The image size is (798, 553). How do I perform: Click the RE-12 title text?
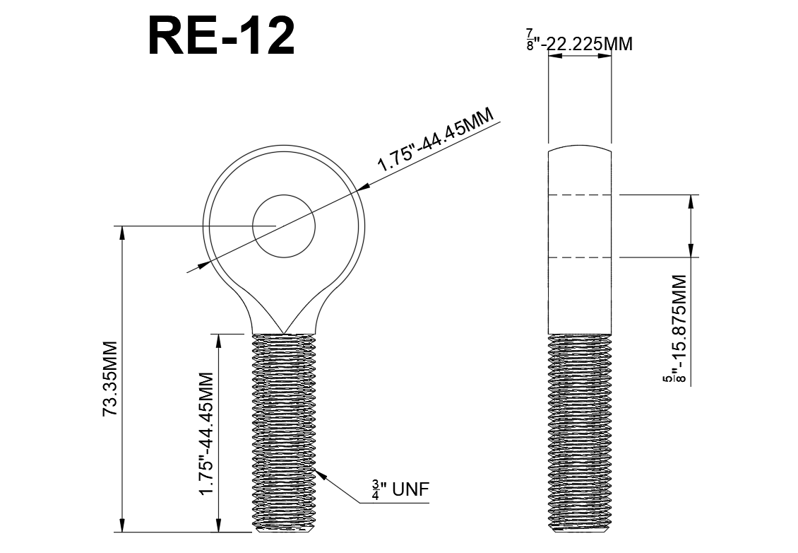point(220,36)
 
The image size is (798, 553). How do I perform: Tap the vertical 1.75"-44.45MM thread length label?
point(207,432)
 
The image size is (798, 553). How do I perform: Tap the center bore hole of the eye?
point(284,226)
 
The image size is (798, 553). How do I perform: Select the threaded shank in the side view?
point(579,431)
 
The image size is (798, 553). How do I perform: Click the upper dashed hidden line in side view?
point(580,194)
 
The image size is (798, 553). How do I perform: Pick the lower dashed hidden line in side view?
point(580,257)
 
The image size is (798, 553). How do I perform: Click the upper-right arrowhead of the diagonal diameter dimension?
point(362,187)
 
